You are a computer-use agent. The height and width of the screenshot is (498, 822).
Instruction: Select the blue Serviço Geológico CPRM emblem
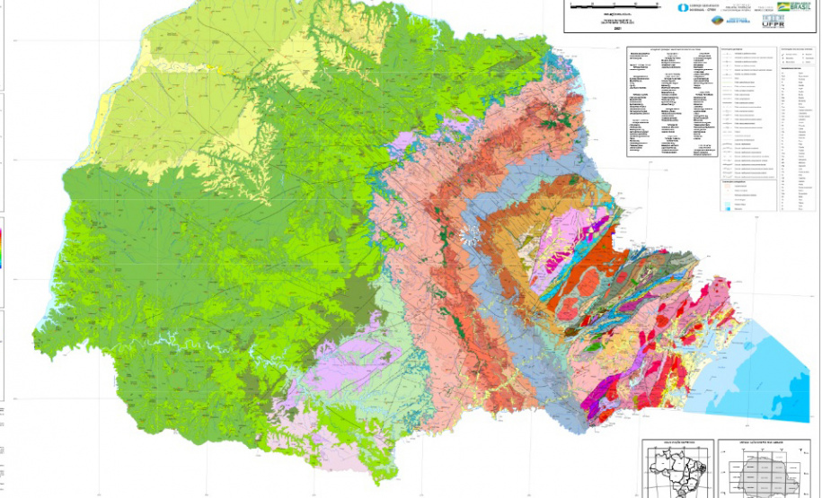[684, 7]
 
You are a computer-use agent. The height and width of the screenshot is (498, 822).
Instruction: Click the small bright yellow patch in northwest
[213, 68]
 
